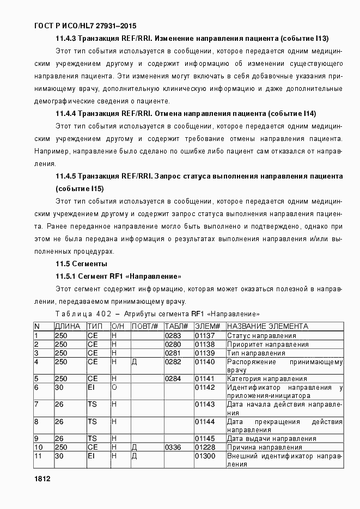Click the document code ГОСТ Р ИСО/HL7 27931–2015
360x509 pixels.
click(85, 26)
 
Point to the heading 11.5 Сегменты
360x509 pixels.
click(77, 264)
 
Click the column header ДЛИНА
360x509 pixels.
click(68, 326)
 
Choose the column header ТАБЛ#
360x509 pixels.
click(176, 326)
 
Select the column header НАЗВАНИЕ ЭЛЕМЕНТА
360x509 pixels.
click(267, 326)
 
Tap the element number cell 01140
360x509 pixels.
click(205, 361)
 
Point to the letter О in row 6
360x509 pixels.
click(115, 387)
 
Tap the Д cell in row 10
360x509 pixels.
click(135, 447)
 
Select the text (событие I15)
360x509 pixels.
click(80, 188)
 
